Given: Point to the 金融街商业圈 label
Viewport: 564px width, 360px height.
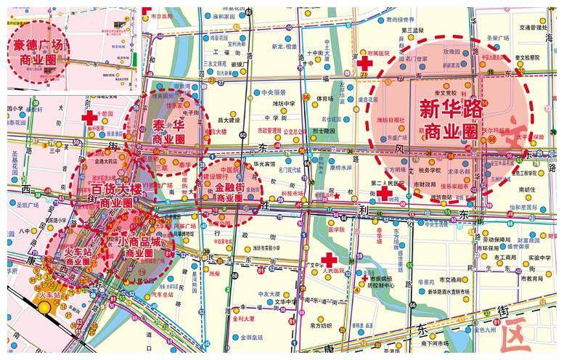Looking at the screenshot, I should coord(233,192).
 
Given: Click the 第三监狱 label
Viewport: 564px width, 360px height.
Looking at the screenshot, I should coord(411,30).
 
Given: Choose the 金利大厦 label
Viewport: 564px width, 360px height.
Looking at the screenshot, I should coord(244,317).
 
